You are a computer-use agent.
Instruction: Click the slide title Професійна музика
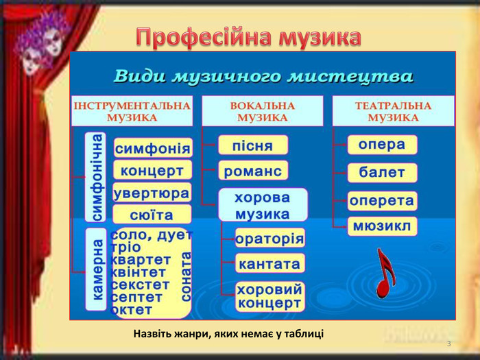pyautogui.click(x=248, y=37)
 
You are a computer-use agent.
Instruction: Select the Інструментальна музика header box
pyautogui.click(x=132, y=111)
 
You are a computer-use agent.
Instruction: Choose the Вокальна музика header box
pyautogui.click(x=263, y=111)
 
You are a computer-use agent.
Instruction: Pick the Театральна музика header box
pyautogui.click(x=393, y=111)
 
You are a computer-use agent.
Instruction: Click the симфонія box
pyautogui.click(x=152, y=148)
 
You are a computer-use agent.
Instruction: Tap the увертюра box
pyautogui.click(x=152, y=193)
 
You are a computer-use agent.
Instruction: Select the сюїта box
pyautogui.click(x=152, y=215)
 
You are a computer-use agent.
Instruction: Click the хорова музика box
pyautogui.click(x=263, y=205)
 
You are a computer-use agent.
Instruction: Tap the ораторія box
pyautogui.click(x=269, y=239)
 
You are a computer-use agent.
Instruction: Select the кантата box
pyautogui.click(x=269, y=263)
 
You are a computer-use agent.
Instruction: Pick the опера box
pyautogui.click(x=382, y=145)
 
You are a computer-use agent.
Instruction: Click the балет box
pyautogui.click(x=382, y=172)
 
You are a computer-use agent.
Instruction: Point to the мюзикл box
pyautogui.click(x=382, y=226)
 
